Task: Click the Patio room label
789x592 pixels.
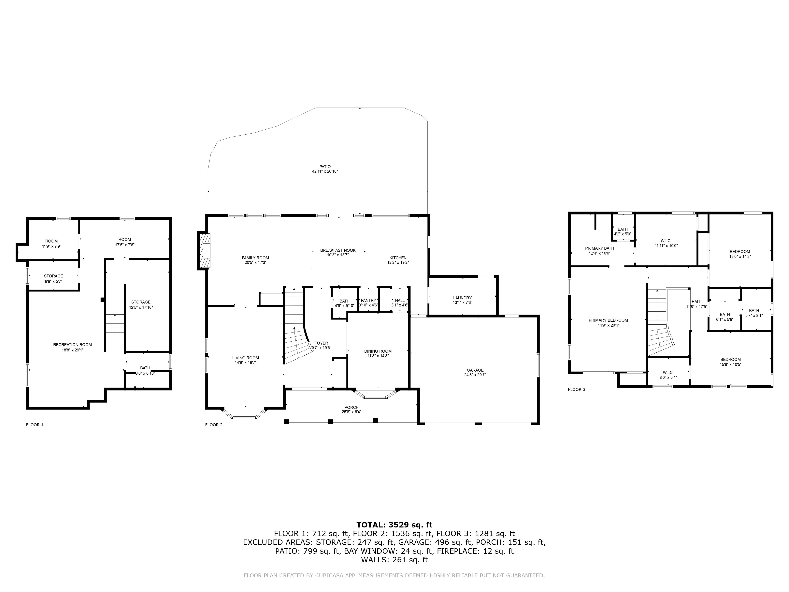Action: pyautogui.click(x=325, y=167)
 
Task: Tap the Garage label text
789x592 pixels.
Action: pyautogui.click(x=475, y=370)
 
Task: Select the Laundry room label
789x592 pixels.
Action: pyautogui.click(x=462, y=298)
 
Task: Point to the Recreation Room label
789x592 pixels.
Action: pyautogui.click(x=72, y=345)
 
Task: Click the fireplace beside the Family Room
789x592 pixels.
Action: pyautogui.click(x=205, y=250)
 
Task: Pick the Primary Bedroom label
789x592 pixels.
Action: pyautogui.click(x=608, y=320)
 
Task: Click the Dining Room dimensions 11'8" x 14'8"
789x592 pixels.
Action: pyautogui.click(x=378, y=356)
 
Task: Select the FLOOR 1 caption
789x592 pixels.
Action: pyautogui.click(x=35, y=425)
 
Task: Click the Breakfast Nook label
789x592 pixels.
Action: pyautogui.click(x=338, y=250)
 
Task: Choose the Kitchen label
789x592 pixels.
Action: pyautogui.click(x=398, y=258)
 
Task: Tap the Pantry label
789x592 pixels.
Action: pyautogui.click(x=368, y=301)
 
